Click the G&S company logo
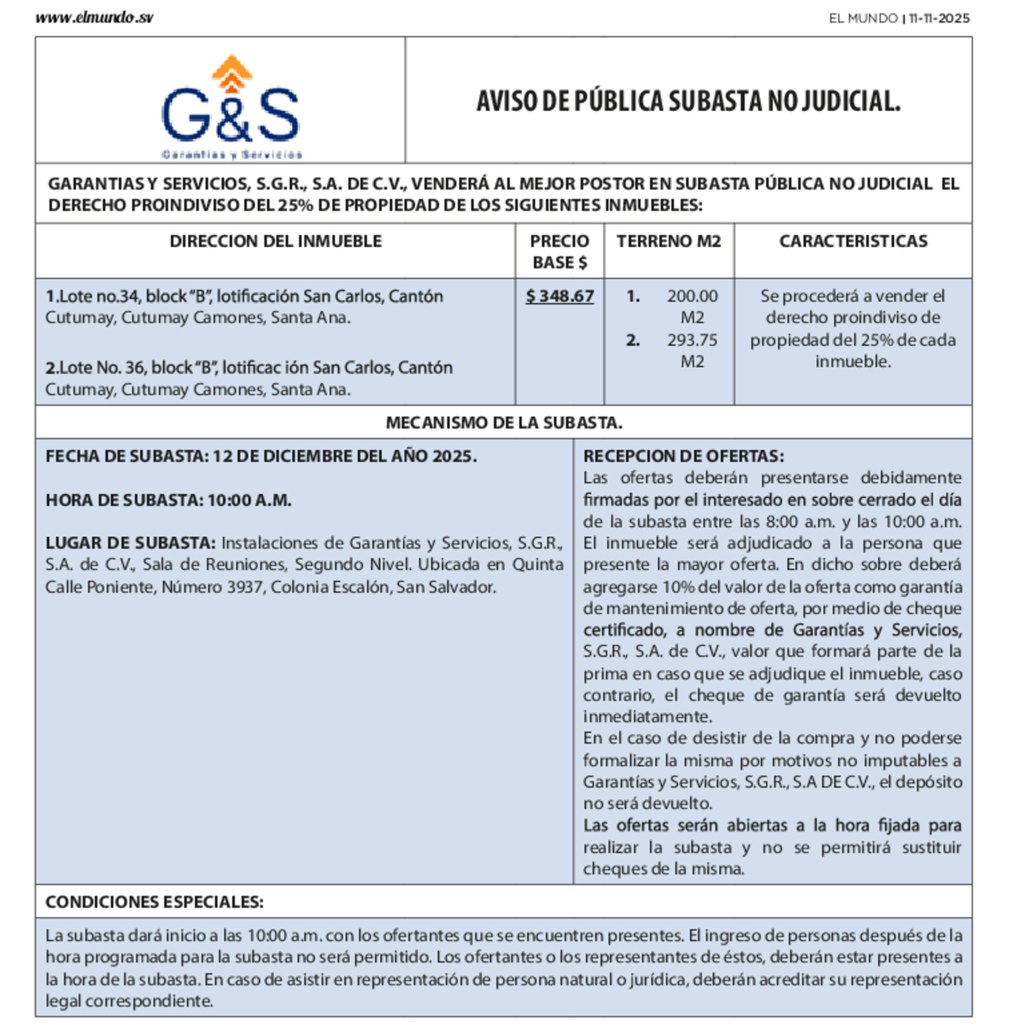coord(231,108)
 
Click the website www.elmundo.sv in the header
coord(94,18)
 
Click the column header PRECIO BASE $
coord(559,252)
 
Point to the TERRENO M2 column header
coord(669,241)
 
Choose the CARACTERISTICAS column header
coord(853,241)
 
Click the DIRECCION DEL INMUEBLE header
coord(275,241)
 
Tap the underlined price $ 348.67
coord(560,296)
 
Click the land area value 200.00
coord(692,296)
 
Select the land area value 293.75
coord(692,340)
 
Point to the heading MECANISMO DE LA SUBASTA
coord(504,423)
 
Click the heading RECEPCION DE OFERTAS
coord(683,456)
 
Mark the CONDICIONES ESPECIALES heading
coord(154,902)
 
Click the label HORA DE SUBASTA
coord(124,501)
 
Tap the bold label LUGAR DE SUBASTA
coord(130,543)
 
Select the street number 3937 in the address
coord(246,587)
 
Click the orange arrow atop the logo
coord(231,71)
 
